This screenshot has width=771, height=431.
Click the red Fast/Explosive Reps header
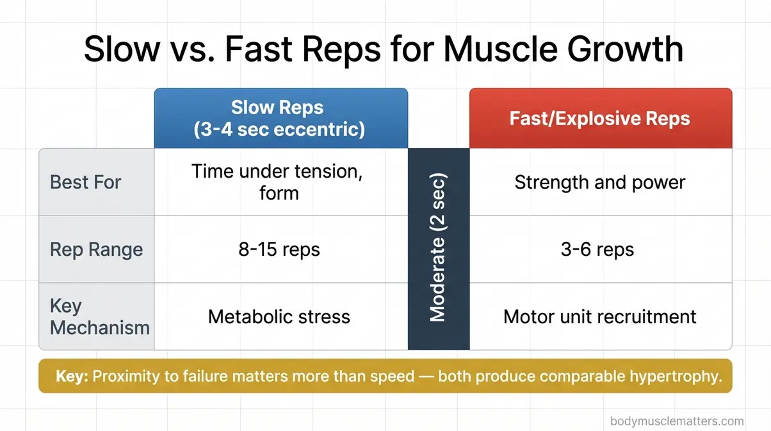click(x=600, y=118)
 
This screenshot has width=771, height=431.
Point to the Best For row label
click(x=85, y=182)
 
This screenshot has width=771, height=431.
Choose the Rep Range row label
click(x=96, y=249)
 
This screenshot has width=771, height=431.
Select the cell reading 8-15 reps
click(x=280, y=249)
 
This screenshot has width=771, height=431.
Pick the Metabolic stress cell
click(x=280, y=316)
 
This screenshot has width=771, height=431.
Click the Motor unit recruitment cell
click(x=600, y=316)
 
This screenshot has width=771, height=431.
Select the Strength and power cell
click(x=600, y=182)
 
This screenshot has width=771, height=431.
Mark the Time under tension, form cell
click(x=280, y=182)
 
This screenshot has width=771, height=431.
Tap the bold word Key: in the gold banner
click(x=72, y=376)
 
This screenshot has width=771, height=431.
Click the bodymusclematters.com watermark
click(x=677, y=421)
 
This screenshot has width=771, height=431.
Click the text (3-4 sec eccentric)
click(x=280, y=129)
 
